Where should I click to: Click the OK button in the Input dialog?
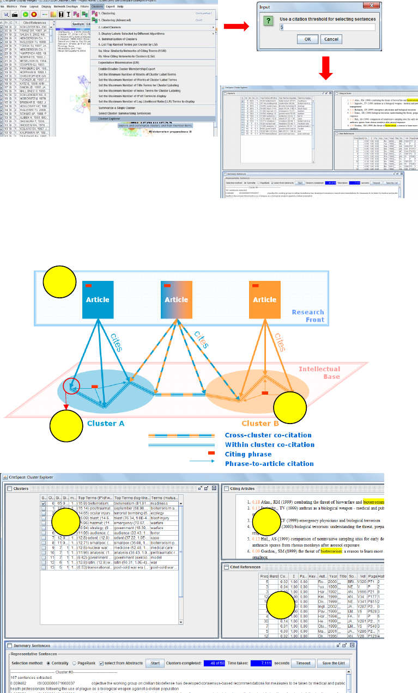[307, 39]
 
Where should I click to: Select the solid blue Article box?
[98, 299]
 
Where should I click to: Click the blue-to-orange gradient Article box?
[176, 299]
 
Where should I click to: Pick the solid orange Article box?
[264, 299]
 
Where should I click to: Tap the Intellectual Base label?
[319, 372]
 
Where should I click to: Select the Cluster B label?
[261, 422]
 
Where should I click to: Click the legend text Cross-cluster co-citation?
[268, 436]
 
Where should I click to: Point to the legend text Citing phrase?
[249, 454]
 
